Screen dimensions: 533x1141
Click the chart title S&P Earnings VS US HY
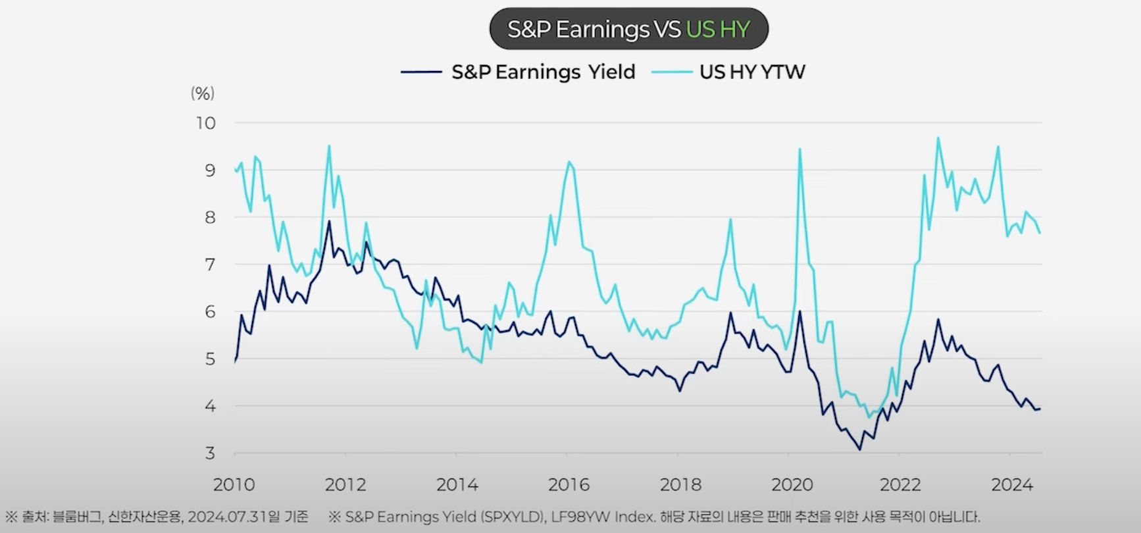pyautogui.click(x=628, y=30)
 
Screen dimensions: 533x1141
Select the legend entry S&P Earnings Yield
pyautogui.click(x=543, y=72)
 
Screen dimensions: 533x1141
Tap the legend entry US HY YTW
pyautogui.click(x=751, y=72)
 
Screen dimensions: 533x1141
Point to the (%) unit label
pyautogui.click(x=203, y=93)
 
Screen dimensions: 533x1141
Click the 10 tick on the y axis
pyautogui.click(x=205, y=123)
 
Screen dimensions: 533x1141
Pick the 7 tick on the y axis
pyautogui.click(x=210, y=265)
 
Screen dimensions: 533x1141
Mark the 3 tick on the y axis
pyautogui.click(x=210, y=453)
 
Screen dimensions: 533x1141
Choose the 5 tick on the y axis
pyautogui.click(x=210, y=359)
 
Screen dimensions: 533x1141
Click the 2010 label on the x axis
pyautogui.click(x=234, y=485)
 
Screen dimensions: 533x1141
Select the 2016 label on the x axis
pyautogui.click(x=569, y=485)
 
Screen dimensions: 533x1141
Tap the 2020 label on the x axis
pyautogui.click(x=792, y=485)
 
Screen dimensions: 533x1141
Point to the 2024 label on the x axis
pyautogui.click(x=1012, y=485)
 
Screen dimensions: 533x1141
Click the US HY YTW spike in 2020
pyautogui.click(x=799, y=149)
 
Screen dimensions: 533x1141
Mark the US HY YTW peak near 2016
pyautogui.click(x=569, y=162)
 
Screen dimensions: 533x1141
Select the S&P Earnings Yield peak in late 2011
pyautogui.click(x=329, y=221)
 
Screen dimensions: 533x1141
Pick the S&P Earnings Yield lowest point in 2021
pyautogui.click(x=859, y=449)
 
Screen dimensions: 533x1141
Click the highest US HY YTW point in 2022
pyautogui.click(x=938, y=138)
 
